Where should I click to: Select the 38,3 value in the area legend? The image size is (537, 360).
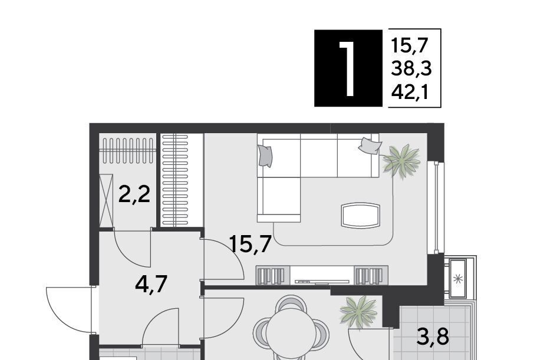(x=411, y=69)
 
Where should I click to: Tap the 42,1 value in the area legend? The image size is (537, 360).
(x=410, y=92)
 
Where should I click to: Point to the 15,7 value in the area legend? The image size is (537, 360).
(x=410, y=46)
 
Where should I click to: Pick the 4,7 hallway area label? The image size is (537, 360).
(x=151, y=284)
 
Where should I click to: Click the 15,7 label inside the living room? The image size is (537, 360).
(x=251, y=243)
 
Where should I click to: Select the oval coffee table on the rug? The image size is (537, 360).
(x=361, y=215)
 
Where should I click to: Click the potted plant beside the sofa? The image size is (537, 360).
(x=402, y=161)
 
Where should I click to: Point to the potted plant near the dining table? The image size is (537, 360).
(x=358, y=312)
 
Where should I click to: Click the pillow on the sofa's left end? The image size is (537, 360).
(x=265, y=156)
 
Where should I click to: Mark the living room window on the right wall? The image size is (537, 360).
(x=436, y=207)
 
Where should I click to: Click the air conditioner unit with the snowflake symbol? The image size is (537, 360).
(x=457, y=279)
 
